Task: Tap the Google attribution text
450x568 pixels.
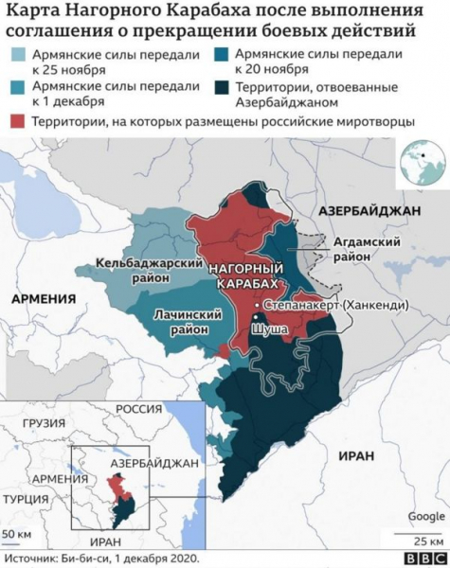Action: point(425,516)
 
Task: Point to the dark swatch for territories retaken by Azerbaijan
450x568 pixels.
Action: point(223,90)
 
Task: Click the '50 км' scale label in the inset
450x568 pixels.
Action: point(16,536)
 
